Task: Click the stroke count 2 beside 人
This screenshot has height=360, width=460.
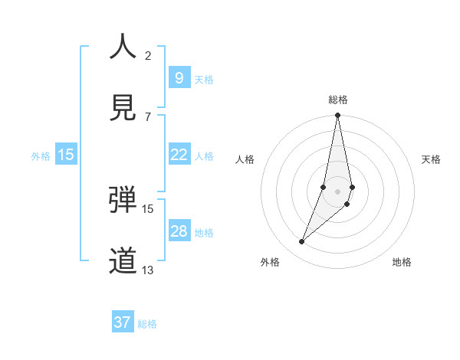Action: tap(148, 55)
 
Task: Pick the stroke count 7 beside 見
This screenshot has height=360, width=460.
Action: tap(148, 116)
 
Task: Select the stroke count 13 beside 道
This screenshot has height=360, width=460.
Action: tap(148, 270)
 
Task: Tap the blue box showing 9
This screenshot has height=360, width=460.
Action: tap(179, 77)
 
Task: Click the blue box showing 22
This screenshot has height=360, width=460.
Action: tap(179, 155)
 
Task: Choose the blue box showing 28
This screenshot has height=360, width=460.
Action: tap(179, 231)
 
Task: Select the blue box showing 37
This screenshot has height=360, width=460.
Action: tap(123, 322)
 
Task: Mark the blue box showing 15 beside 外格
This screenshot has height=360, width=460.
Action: tap(66, 155)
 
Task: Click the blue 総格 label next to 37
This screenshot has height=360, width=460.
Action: tap(147, 324)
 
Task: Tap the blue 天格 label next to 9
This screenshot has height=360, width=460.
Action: tap(204, 80)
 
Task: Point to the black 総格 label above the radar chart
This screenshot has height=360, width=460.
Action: tap(338, 100)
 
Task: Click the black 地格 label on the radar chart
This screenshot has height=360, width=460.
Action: tap(402, 262)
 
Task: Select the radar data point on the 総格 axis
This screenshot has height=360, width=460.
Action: tap(337, 116)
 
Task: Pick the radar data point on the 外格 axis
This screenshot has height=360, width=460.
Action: tap(301, 242)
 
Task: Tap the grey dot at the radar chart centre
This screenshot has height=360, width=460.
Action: tap(337, 191)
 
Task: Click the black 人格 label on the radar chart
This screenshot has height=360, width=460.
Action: tap(245, 159)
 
